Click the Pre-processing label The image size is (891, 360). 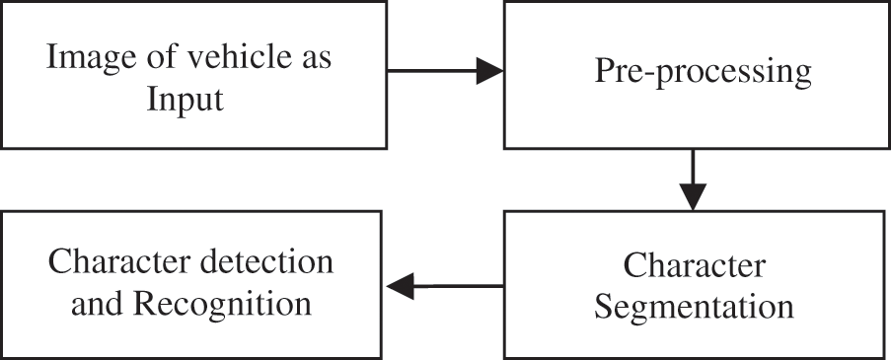(703, 71)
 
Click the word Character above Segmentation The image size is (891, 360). (695, 265)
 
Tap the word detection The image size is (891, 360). (263, 262)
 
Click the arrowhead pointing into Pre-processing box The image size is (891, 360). (489, 71)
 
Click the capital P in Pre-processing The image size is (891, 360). (604, 71)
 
